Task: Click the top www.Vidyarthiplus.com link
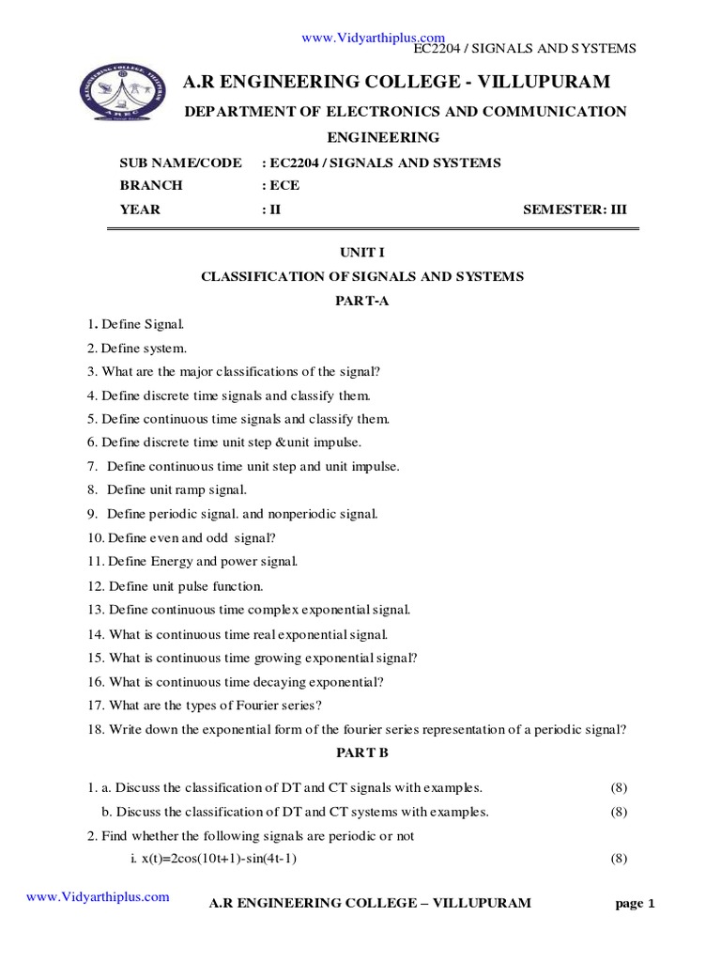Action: point(373,37)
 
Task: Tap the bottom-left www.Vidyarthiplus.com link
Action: point(98,897)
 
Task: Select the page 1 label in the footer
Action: point(635,904)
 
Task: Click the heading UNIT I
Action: point(361,253)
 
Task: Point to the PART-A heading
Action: point(361,301)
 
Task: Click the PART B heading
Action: point(361,753)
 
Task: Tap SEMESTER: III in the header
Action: point(574,209)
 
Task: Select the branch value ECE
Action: point(284,186)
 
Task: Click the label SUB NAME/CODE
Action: point(180,163)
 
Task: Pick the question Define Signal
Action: point(143,324)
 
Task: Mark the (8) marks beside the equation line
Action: point(618,859)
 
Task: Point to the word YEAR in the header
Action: point(140,209)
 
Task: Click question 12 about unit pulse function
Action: point(176,586)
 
